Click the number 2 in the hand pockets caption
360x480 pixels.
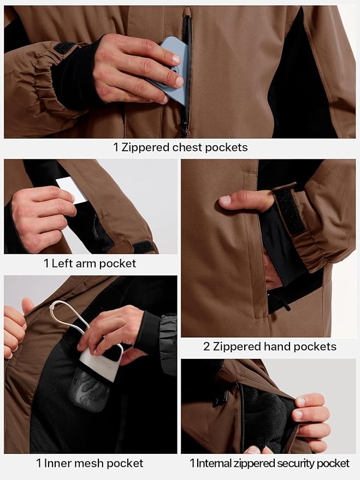pos(206,347)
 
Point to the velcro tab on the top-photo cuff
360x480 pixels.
pos(64,48)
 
